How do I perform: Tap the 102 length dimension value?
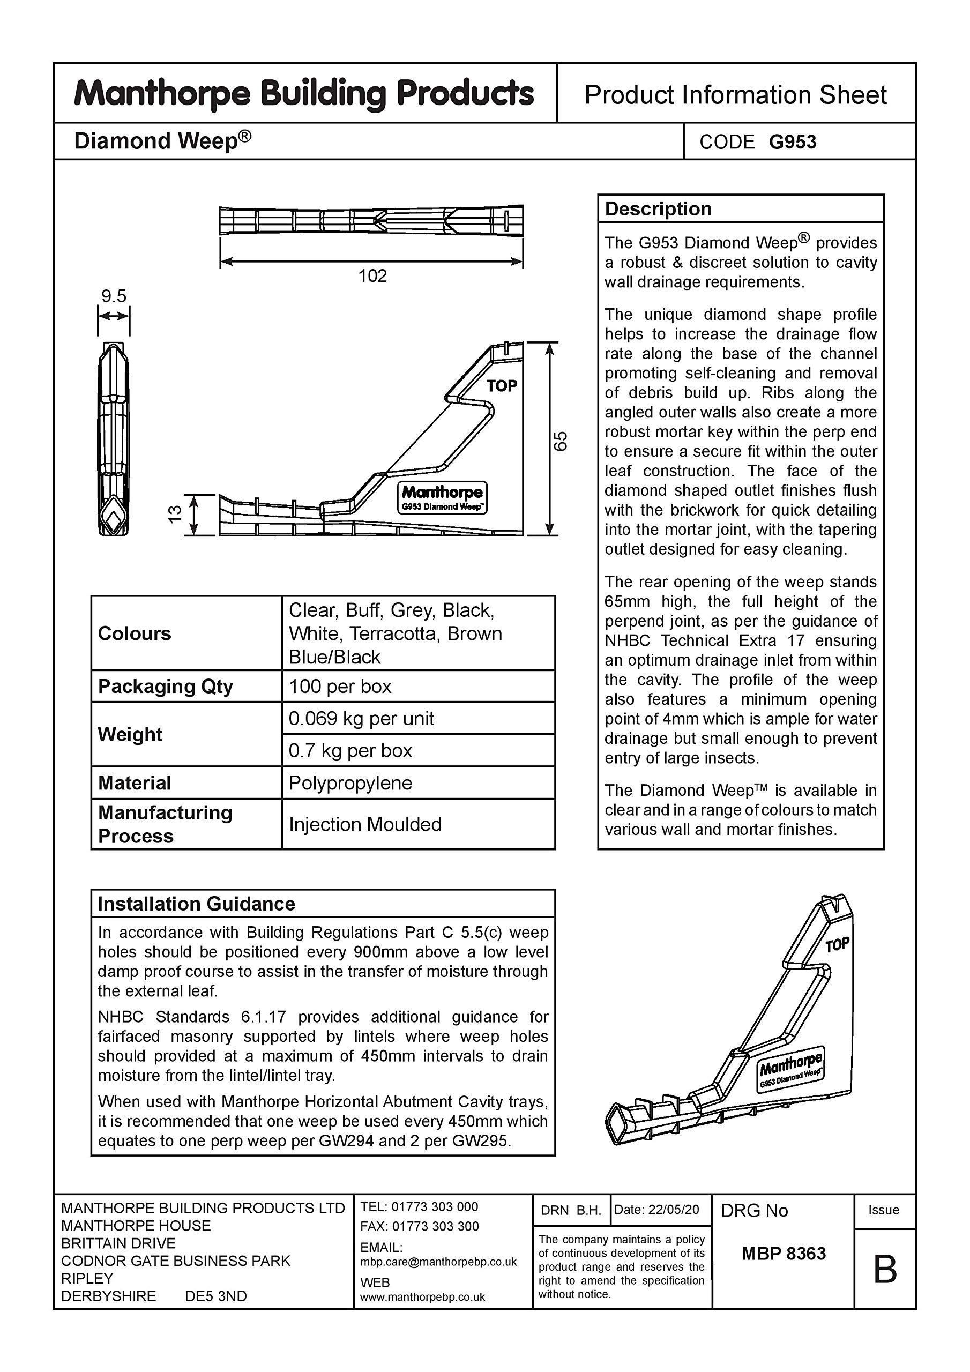[372, 276]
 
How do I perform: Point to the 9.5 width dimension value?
[114, 296]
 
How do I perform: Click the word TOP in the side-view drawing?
[502, 386]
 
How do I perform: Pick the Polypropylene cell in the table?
[350, 783]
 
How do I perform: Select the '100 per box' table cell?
[340, 686]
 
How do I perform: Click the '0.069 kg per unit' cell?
[361, 718]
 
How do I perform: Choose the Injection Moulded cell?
[364, 825]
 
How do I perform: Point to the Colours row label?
[135, 633]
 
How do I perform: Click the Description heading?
[658, 209]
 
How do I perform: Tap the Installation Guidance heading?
[196, 904]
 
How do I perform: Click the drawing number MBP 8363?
[784, 1253]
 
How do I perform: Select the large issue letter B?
[885, 1269]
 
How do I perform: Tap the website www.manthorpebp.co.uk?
[422, 1298]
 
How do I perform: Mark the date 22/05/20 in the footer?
[673, 1210]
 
